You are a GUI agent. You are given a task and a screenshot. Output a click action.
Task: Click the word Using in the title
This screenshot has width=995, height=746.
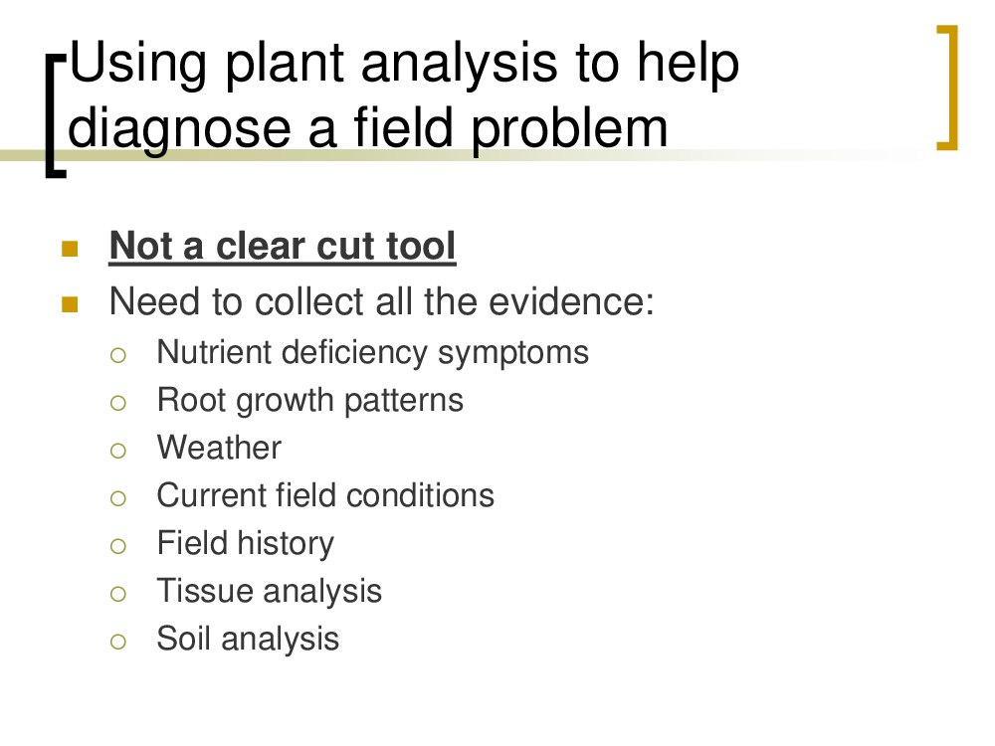[x=138, y=64]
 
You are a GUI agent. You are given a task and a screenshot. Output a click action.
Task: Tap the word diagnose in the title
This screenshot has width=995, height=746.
[x=179, y=129]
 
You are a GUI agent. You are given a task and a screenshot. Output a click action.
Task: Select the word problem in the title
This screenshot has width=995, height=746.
[x=570, y=129]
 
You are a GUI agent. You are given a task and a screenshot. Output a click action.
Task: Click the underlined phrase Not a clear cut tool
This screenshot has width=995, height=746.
[x=283, y=246]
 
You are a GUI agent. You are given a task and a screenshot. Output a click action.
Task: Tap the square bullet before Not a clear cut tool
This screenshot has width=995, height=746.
[x=70, y=249]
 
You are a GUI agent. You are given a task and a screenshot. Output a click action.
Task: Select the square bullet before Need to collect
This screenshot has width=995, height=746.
[x=70, y=305]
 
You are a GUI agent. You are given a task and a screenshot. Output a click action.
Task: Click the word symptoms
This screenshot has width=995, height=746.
[x=513, y=354]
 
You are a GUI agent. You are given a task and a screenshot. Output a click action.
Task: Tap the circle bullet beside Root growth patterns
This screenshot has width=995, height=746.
[x=118, y=403]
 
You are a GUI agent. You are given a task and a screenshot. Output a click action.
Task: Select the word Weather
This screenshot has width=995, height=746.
[x=219, y=448]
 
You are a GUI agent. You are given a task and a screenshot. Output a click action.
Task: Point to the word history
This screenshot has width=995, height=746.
[x=286, y=544]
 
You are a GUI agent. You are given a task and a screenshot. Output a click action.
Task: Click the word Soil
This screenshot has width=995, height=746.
[x=184, y=639]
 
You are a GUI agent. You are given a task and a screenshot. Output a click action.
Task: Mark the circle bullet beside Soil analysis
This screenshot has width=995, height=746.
[x=118, y=642]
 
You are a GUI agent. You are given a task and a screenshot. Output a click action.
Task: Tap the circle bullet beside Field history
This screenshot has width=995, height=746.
[x=118, y=546]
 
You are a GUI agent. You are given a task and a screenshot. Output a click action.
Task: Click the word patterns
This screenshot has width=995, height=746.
[x=404, y=401]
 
